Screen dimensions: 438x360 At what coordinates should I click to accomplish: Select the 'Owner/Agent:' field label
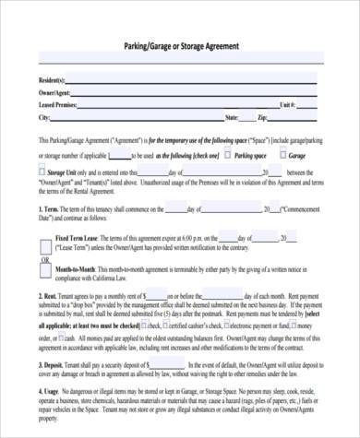pyautogui.click(x=53, y=94)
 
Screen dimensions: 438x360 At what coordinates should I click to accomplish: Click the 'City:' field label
pyautogui.click(x=43, y=118)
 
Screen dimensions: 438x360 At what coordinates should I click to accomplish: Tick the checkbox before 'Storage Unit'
pyautogui.click(x=43, y=171)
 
